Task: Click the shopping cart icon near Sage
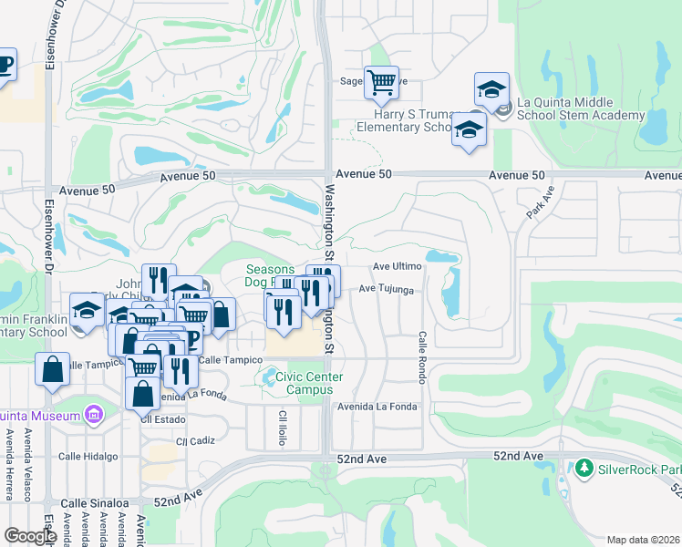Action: pos(381,82)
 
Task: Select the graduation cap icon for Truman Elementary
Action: pos(469,129)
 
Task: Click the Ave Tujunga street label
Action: pos(387,289)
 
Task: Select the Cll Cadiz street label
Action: pos(196,440)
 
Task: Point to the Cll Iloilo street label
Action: pos(283,428)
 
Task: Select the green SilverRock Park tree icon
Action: pos(584,469)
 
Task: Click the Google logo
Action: pos(30,536)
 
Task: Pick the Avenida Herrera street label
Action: pos(9,465)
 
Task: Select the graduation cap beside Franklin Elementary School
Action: pos(87,310)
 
